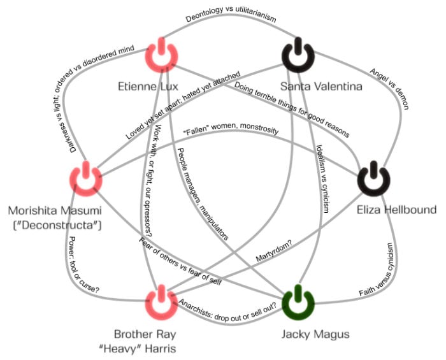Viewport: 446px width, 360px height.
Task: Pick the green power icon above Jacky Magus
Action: [298, 301]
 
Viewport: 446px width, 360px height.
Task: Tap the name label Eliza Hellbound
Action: [396, 210]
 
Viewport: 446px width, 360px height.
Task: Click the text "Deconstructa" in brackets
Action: [54, 224]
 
